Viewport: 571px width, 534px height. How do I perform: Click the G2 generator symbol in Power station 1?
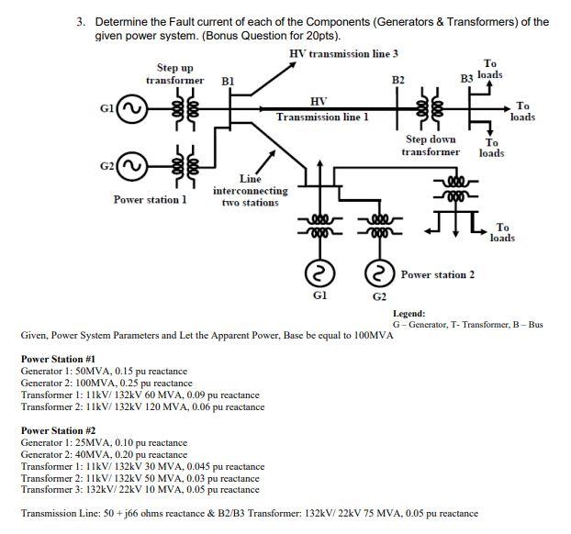132,169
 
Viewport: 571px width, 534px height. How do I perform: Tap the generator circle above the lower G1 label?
319,273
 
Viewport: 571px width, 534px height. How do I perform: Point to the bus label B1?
229,81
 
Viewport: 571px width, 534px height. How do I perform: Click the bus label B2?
397,81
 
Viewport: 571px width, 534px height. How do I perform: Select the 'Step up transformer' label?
180,73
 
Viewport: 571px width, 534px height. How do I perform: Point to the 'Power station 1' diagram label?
150,199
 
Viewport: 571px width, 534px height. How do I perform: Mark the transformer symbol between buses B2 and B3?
426,111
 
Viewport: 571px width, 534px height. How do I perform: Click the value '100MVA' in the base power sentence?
371,336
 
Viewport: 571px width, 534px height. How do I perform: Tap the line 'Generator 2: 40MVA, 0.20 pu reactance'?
104,454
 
